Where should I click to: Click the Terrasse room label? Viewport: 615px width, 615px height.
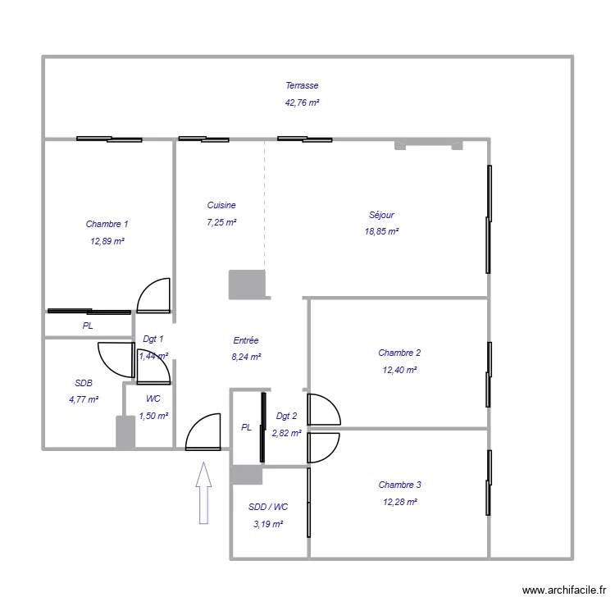coord(302,85)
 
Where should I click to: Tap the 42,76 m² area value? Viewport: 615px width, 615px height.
coord(302,103)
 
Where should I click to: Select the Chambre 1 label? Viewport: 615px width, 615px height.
coord(107,224)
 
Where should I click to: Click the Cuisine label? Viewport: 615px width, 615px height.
coord(221,205)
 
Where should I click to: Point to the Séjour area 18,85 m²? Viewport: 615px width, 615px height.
coord(381,232)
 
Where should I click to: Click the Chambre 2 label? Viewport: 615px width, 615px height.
coord(399,353)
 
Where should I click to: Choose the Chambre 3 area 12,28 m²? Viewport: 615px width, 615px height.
coord(399,502)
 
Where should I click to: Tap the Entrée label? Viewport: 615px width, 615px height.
coord(246,339)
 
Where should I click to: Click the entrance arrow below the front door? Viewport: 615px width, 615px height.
coord(203,492)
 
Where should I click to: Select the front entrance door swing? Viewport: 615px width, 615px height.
coord(204,432)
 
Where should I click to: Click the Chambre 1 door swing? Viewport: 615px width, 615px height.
coord(154,296)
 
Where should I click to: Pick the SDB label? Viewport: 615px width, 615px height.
coord(84,383)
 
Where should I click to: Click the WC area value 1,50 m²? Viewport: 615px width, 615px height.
coord(153,416)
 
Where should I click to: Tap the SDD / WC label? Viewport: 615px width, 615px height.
coord(268,507)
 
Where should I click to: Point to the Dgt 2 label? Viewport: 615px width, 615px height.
coord(287,416)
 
